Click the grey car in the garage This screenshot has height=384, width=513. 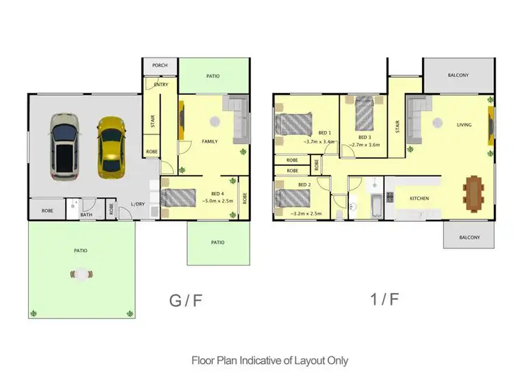[65, 146]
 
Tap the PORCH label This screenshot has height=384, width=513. [160, 66]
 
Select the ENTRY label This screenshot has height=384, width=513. [161, 85]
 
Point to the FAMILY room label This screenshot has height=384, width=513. [209, 141]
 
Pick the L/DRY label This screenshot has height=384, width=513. [139, 204]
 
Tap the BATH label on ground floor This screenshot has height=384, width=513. [86, 215]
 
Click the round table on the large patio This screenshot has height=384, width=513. [81, 274]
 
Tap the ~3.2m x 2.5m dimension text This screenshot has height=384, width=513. [306, 214]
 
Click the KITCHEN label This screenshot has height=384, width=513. [419, 198]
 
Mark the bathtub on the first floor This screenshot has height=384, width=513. [376, 204]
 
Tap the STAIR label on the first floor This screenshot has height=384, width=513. [397, 126]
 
